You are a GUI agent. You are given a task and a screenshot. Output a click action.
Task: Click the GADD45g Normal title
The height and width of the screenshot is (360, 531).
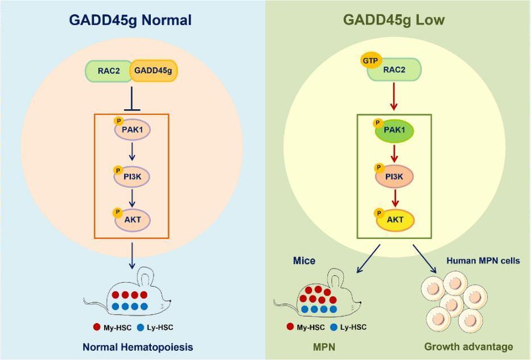point(130,20)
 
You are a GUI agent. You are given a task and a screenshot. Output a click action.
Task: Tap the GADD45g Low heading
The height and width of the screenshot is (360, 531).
point(394,20)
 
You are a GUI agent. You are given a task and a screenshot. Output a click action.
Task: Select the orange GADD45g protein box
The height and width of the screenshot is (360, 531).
point(154,71)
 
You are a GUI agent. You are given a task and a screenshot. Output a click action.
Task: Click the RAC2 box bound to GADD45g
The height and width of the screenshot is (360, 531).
point(108,71)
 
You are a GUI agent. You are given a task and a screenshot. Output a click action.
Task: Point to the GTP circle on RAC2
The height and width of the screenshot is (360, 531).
point(371,61)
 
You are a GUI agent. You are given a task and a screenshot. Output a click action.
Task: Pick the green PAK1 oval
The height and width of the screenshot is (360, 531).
point(394,130)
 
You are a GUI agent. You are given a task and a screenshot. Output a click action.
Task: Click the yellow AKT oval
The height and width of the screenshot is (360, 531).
point(395,220)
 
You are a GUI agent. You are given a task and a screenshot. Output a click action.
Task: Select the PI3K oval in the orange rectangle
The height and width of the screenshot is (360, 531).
point(131,176)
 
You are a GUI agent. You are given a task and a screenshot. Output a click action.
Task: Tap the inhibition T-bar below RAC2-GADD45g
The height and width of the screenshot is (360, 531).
point(131,98)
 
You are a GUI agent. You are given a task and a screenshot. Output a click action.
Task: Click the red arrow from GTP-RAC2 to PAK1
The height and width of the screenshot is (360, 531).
point(393,96)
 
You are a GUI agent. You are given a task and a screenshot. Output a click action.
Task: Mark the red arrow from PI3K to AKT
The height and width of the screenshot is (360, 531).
point(394,198)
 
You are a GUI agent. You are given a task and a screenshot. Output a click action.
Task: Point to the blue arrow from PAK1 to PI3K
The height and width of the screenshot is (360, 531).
point(132,152)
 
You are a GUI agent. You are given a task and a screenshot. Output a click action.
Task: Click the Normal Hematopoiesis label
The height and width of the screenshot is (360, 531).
point(138,347)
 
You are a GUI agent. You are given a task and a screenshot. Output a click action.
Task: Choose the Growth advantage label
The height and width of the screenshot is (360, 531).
point(468,346)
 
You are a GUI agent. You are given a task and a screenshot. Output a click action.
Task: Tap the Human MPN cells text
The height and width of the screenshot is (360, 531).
point(483,260)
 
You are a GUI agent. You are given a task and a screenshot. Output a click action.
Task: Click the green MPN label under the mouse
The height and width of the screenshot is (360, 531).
point(324,347)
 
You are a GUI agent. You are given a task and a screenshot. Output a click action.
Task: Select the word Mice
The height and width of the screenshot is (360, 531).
point(304,260)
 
